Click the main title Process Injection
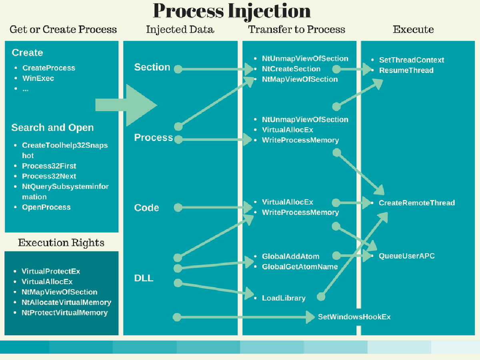232,11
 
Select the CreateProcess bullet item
49,68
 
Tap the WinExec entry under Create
38,78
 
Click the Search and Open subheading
52,128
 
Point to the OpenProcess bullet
46,207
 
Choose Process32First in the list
49,166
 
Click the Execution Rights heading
61,243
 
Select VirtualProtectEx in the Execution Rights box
51,271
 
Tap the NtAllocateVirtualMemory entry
66,302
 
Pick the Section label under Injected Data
152,67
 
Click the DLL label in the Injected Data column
144,278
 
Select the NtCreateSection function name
291,69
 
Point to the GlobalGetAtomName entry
300,266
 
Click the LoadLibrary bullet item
284,298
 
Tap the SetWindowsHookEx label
354,317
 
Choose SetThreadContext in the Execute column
412,60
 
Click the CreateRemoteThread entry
417,203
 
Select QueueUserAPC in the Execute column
406,256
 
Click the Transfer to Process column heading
296,29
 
